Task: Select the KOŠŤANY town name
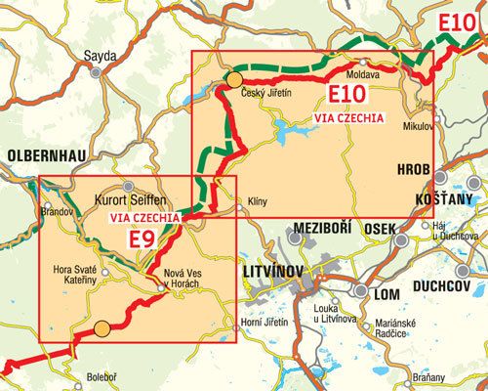pos(420,197)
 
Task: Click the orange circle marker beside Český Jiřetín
pos(235,78)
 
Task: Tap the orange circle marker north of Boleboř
pos(102,330)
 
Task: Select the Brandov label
pos(60,209)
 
